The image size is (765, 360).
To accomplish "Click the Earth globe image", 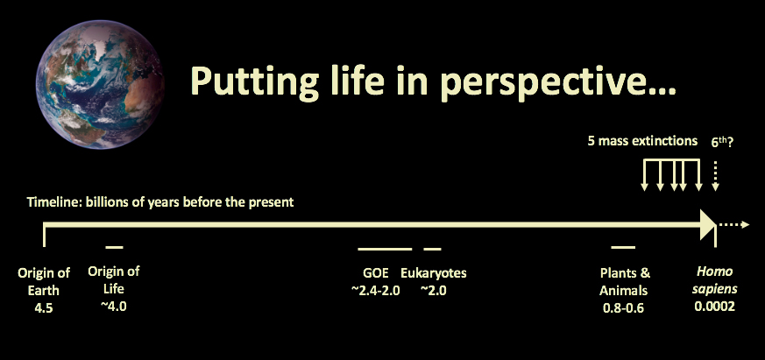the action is [100, 84].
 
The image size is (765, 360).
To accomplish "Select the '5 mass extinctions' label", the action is [642, 142].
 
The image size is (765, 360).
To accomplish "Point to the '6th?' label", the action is [723, 142].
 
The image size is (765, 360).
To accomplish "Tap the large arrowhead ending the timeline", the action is [708, 224].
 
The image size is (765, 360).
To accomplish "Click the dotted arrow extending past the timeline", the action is [733, 224].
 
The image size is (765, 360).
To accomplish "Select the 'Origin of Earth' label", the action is [44, 281].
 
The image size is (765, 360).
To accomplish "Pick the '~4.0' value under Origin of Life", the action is [114, 307].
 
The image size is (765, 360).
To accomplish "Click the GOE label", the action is [376, 272].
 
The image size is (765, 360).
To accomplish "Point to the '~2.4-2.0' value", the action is [375, 290].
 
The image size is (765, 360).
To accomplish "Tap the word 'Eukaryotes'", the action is [433, 273].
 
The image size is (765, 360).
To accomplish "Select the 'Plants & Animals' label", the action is [625, 281].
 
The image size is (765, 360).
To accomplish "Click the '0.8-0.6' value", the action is [623, 308].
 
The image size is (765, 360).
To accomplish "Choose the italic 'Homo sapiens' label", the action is [715, 280].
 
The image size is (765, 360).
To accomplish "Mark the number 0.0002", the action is [715, 307].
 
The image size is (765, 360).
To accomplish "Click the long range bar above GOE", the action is [385, 249].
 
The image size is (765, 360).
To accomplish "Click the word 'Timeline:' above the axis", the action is [54, 202].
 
